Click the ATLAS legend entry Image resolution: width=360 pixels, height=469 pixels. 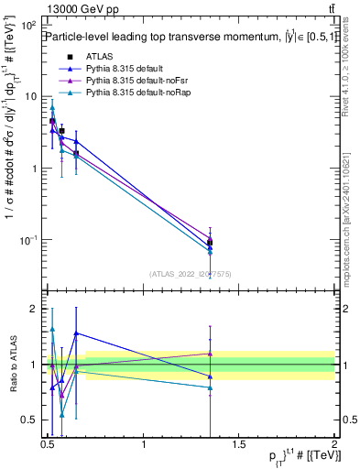(x=97, y=55)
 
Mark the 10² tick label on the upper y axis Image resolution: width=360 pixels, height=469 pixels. (x=29, y=25)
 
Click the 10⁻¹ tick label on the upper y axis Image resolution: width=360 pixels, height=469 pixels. (x=29, y=240)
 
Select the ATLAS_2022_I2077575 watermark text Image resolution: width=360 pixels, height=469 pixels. (x=190, y=272)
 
